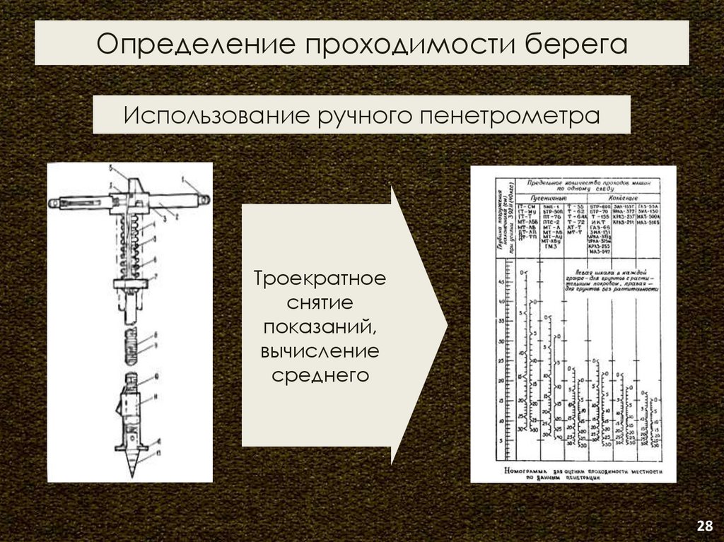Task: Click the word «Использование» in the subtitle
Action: click(210, 114)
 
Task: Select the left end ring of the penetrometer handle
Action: click(54, 203)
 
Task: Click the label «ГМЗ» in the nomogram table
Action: click(550, 246)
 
